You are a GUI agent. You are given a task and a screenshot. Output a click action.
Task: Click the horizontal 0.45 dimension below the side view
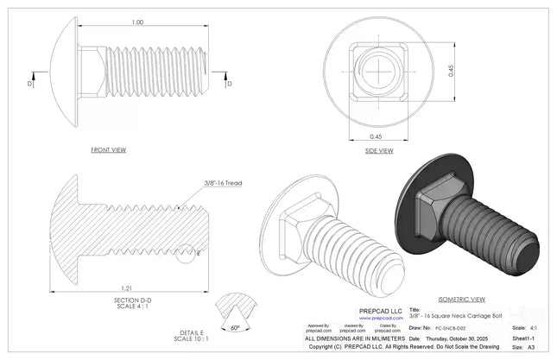376,136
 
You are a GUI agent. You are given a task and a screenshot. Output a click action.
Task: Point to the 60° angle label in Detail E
236,328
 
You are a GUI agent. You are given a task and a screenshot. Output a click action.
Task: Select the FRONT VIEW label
108,149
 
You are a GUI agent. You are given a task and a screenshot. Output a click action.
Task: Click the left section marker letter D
30,84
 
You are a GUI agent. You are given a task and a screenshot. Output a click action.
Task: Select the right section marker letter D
229,84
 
